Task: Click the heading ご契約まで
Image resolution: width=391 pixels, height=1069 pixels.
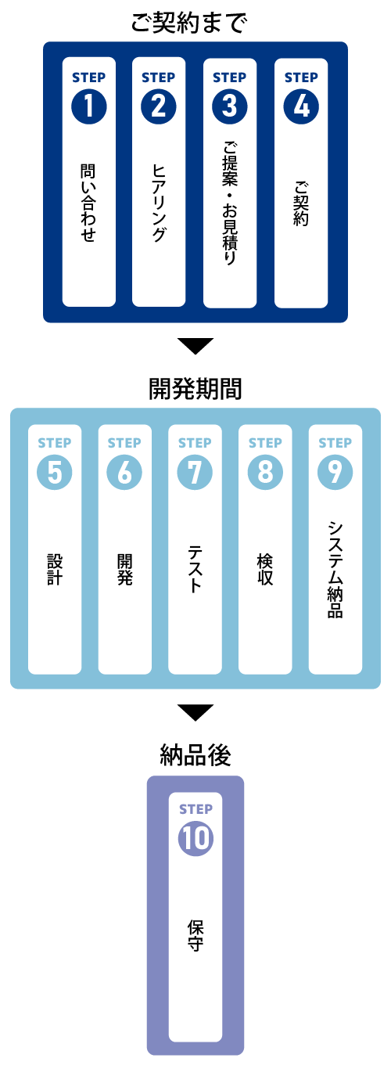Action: [x=190, y=23]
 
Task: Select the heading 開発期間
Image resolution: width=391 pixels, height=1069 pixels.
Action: [x=195, y=388]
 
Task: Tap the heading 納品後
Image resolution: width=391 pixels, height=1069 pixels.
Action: [x=195, y=755]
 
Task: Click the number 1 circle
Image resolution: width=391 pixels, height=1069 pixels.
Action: [x=89, y=106]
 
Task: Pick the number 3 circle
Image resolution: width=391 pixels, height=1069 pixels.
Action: [x=230, y=106]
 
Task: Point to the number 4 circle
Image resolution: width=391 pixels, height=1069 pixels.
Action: [x=301, y=106]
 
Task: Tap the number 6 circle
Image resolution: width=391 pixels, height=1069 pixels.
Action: [x=124, y=472]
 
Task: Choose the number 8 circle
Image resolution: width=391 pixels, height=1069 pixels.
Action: [x=265, y=472]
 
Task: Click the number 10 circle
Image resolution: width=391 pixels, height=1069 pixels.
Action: [x=195, y=838]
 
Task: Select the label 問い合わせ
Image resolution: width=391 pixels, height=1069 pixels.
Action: [x=88, y=203]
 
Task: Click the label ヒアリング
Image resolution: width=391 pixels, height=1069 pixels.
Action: [x=159, y=203]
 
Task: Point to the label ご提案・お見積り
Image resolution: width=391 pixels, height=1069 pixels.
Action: [x=230, y=203]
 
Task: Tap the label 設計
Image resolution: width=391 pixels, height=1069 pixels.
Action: [x=55, y=570]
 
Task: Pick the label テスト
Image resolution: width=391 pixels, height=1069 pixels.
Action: [x=195, y=570]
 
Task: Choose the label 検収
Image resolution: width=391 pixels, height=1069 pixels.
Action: [x=265, y=570]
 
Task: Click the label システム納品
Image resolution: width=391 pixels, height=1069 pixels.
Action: [x=335, y=570]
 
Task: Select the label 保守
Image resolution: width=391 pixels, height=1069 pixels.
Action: [x=195, y=935]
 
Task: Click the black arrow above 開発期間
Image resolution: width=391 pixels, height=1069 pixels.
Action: [x=195, y=344]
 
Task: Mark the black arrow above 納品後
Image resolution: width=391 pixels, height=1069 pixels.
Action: [x=195, y=711]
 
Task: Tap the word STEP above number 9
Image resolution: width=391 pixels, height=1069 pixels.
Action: [x=335, y=443]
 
